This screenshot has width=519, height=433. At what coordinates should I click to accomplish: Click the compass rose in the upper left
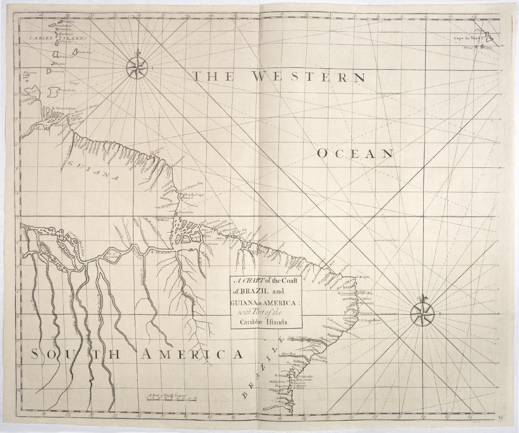[137, 68]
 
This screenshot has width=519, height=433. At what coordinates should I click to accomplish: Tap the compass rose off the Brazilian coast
[422, 314]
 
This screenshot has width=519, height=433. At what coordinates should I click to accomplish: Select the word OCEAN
[355, 153]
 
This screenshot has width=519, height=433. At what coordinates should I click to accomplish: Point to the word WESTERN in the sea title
[308, 76]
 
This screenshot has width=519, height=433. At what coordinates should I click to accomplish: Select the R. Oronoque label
[64, 108]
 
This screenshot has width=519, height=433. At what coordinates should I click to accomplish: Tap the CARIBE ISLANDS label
[55, 38]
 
